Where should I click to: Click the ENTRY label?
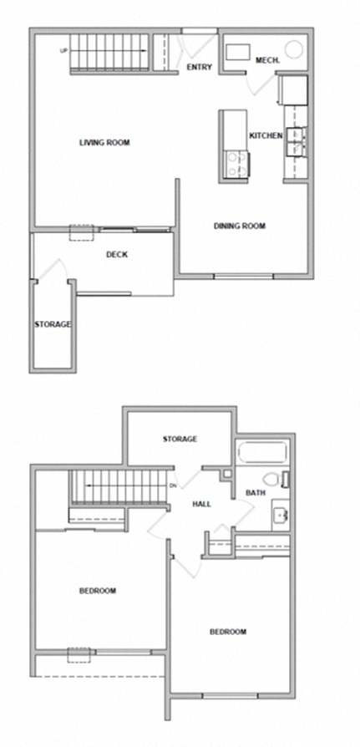[x=200, y=68]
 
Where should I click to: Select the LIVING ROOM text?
[x=104, y=142]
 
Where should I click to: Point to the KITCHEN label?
[x=266, y=135]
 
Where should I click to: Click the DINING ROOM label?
[x=239, y=226]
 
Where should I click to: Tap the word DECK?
[x=117, y=255]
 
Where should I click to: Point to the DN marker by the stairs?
[x=173, y=485]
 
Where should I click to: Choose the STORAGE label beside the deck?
[x=53, y=324]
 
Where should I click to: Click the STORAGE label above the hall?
[x=180, y=439]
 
